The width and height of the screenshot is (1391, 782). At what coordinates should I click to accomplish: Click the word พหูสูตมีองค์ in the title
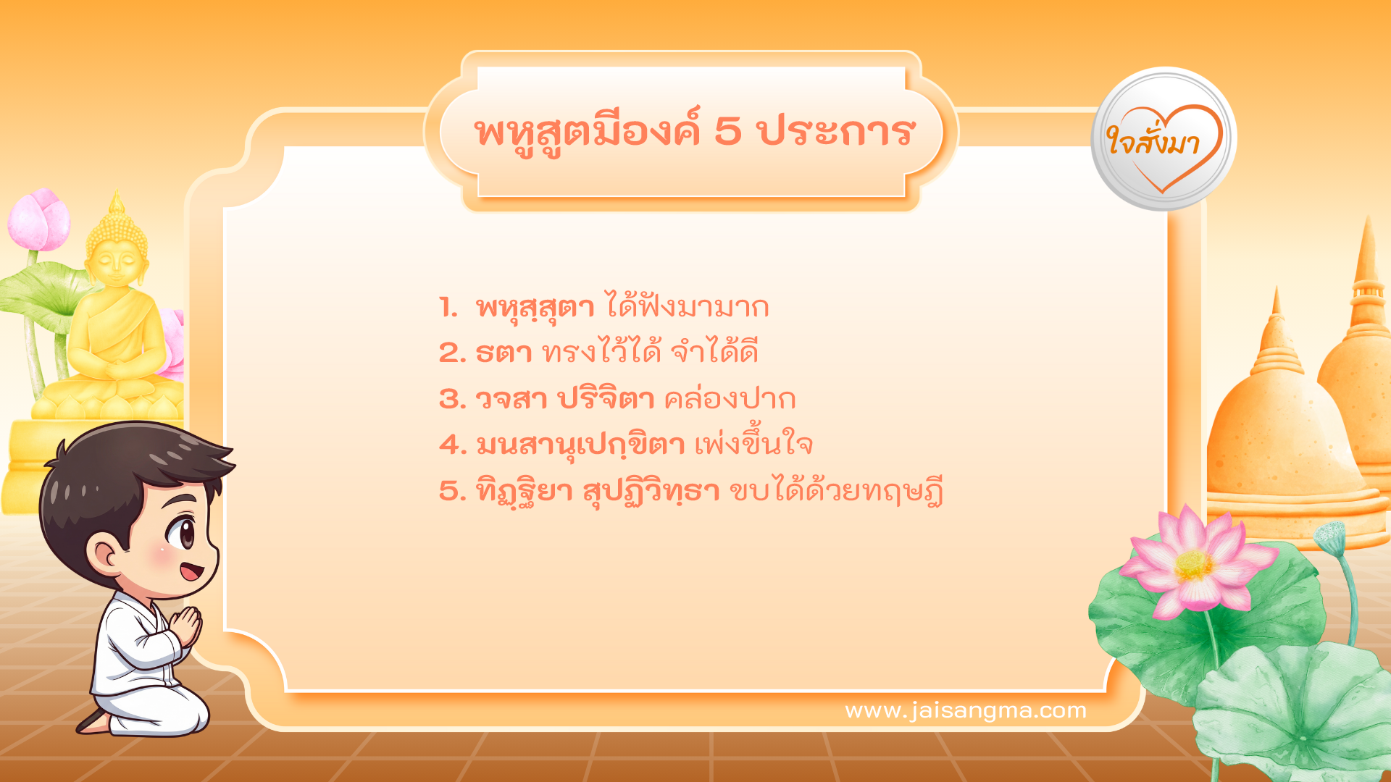pyautogui.click(x=588, y=133)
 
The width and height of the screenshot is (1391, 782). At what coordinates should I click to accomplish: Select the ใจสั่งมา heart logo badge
pyautogui.click(x=1164, y=140)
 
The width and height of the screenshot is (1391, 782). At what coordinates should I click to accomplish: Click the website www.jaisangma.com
pyautogui.click(x=965, y=711)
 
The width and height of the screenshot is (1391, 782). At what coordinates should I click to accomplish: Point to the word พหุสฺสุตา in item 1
pyautogui.click(x=535, y=308)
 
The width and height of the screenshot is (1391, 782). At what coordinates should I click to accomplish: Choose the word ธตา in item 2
pyautogui.click(x=504, y=353)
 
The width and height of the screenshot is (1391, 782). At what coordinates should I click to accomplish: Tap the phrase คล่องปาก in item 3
pyautogui.click(x=730, y=399)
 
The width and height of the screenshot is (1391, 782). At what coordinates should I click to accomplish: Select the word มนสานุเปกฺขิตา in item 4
pyautogui.click(x=580, y=445)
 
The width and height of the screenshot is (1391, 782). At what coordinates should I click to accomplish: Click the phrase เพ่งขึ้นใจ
pyautogui.click(x=753, y=444)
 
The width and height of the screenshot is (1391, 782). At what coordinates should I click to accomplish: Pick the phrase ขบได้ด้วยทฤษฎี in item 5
pyautogui.click(x=835, y=491)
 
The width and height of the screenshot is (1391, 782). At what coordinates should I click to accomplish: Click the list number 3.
pyautogui.click(x=451, y=400)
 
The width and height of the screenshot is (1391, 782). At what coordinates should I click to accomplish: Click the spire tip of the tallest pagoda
pyautogui.click(x=1367, y=224)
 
